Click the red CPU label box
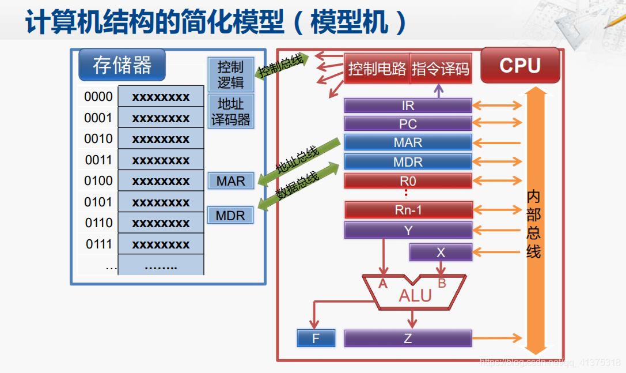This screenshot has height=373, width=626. tap(520, 65)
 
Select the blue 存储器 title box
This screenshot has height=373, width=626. tap(122, 65)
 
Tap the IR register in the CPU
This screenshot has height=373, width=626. tap(408, 106)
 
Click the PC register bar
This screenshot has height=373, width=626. tap(408, 124)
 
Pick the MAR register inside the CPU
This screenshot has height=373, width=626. tap(408, 142)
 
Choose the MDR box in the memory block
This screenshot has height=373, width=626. tap(230, 216)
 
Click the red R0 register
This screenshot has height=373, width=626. tap(408, 181)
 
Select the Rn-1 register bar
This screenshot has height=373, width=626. tap(408, 210)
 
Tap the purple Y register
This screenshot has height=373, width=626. tap(408, 231)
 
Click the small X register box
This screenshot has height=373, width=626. tap(441, 252)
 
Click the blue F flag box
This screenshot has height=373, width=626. tap(316, 338)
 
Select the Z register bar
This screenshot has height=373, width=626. tap(408, 338)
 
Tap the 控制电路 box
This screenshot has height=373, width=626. tap(377, 69)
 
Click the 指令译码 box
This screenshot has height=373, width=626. tap(441, 69)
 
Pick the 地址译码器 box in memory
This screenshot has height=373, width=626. tap(230, 112)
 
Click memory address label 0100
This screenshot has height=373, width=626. tap(98, 181)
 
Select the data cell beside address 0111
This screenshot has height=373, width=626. tap(161, 244)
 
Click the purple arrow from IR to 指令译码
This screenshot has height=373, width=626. tap(439, 91)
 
